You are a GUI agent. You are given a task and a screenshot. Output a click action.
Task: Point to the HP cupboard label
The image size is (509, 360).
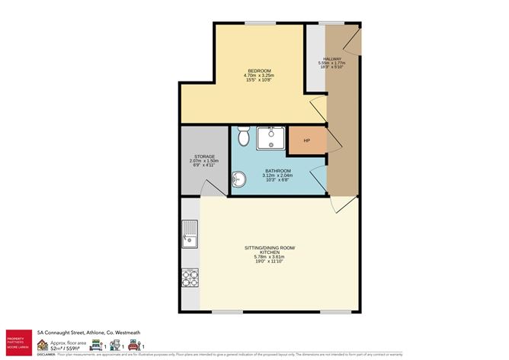pos(307,141)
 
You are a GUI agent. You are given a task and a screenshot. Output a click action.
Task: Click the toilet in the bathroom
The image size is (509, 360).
pos(243,137)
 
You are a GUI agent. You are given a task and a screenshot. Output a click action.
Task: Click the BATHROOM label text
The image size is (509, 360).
pos(277,170)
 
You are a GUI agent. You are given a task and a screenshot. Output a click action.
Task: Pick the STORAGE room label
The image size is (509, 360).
pos(203,156)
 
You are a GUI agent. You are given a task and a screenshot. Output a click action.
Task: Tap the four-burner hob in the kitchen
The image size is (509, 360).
pos(189,278)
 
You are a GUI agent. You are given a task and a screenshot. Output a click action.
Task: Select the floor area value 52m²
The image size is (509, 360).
pos(57,347)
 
